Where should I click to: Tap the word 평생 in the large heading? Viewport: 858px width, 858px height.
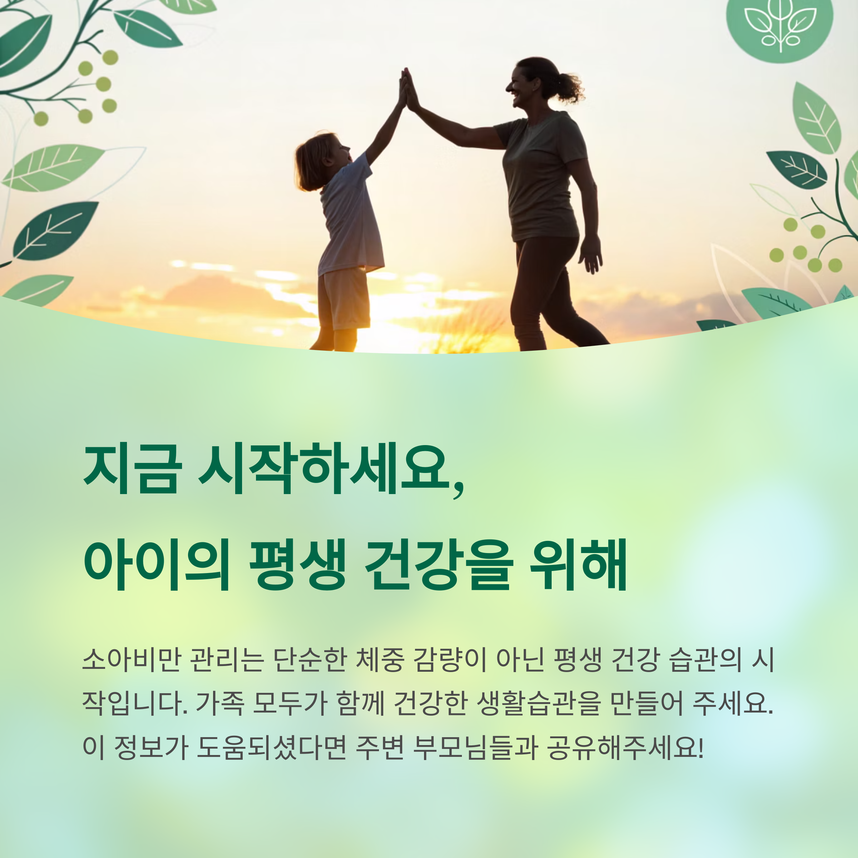[x=297, y=565]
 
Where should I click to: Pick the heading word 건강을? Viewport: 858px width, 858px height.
[x=439, y=565]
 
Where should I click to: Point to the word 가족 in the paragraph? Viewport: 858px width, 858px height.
[x=220, y=704]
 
